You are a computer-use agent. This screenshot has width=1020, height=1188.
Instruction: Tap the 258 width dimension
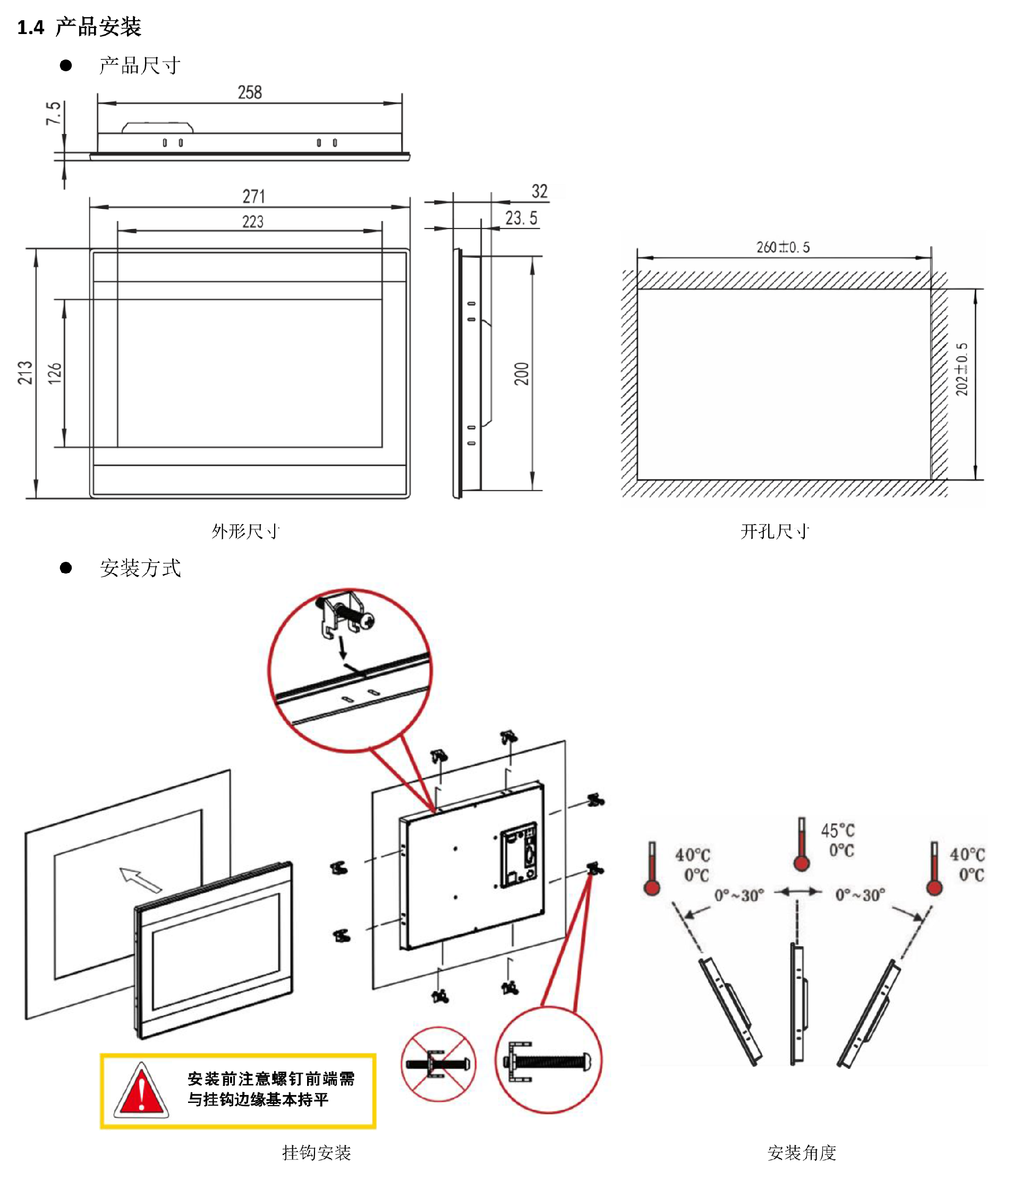tap(250, 92)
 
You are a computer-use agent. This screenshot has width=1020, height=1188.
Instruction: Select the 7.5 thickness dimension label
tap(53, 114)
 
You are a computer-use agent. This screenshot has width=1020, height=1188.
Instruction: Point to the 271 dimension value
tap(253, 196)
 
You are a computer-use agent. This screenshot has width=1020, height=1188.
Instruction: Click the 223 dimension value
tap(253, 221)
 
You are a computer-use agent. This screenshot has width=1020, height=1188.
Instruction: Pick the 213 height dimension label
tap(24, 373)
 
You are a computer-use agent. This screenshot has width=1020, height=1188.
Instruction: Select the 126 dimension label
tap(54, 373)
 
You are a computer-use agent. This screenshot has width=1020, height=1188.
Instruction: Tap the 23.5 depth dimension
tap(521, 218)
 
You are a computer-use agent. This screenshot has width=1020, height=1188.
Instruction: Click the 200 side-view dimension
tap(522, 374)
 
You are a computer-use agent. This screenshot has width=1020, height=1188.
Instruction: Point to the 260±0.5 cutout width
tap(783, 247)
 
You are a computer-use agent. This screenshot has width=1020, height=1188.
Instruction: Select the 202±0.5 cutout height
tap(962, 369)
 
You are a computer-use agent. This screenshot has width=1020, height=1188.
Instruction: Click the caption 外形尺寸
tap(246, 531)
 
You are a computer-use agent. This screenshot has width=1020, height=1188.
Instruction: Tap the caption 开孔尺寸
tap(775, 531)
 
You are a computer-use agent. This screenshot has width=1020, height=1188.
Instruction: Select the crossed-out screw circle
tap(438, 1064)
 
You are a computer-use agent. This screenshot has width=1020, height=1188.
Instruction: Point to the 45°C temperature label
tap(837, 830)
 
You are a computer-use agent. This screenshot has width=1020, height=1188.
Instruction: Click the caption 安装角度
tap(802, 1152)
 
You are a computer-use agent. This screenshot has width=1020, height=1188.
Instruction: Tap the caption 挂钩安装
tap(316, 1152)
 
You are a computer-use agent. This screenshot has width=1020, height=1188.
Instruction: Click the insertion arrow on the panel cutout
tap(140, 879)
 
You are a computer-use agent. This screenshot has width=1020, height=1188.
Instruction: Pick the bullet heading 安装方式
tap(140, 568)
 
